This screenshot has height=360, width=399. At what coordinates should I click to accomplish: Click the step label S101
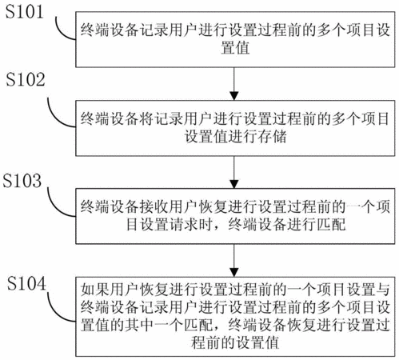(24, 12)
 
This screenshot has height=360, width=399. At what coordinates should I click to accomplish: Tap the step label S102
(26, 79)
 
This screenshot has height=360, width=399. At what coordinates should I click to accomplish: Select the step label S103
(22, 181)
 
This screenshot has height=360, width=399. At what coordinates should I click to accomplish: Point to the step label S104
(26, 283)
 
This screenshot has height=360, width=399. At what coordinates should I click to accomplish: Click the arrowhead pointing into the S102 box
(234, 96)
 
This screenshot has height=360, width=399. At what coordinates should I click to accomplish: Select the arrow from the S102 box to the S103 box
(234, 172)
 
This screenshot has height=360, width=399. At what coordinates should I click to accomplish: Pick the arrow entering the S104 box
(234, 261)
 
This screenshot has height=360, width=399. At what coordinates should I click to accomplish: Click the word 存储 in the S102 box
(272, 137)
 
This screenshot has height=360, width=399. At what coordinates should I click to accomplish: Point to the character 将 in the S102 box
(146, 118)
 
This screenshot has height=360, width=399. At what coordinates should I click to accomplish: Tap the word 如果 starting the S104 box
(95, 290)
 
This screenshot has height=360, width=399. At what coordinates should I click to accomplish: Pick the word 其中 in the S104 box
(139, 325)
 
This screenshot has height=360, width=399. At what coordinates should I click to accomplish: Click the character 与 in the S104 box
(383, 290)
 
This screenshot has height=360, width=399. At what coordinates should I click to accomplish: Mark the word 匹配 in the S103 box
(331, 224)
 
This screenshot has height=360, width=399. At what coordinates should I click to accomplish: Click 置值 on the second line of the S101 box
(235, 48)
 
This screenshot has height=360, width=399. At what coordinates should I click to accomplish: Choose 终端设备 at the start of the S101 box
(110, 30)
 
